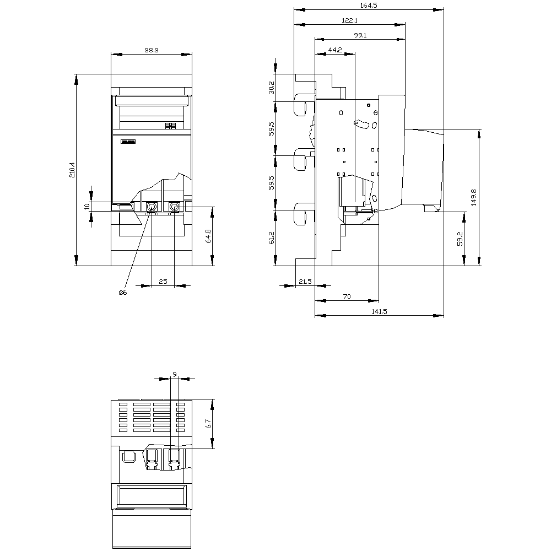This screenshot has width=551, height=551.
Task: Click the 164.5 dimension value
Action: coord(369,6)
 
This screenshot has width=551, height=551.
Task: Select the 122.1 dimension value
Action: coord(349,20)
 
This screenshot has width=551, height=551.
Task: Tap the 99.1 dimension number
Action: coord(360,35)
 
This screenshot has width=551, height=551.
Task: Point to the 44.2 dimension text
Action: coord(335,50)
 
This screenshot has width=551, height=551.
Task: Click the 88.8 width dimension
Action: coord(152,50)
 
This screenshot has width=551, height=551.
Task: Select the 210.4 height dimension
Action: coord(72,169)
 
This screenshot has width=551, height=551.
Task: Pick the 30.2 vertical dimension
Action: coord(272,88)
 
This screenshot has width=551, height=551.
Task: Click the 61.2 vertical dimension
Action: coord(272,238)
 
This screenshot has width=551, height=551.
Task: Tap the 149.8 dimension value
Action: coord(474,197)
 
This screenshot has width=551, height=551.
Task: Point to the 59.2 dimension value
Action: coord(460,239)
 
